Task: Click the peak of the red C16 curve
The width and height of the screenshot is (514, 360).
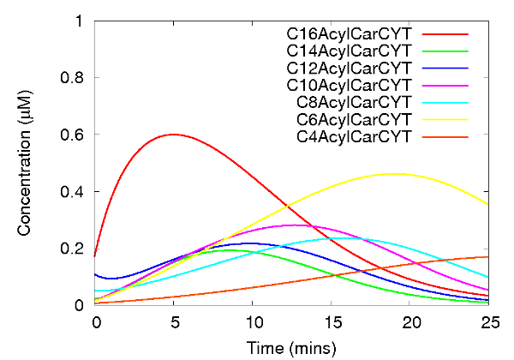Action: (174, 134)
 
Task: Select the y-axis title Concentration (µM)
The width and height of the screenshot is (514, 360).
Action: (27, 163)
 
